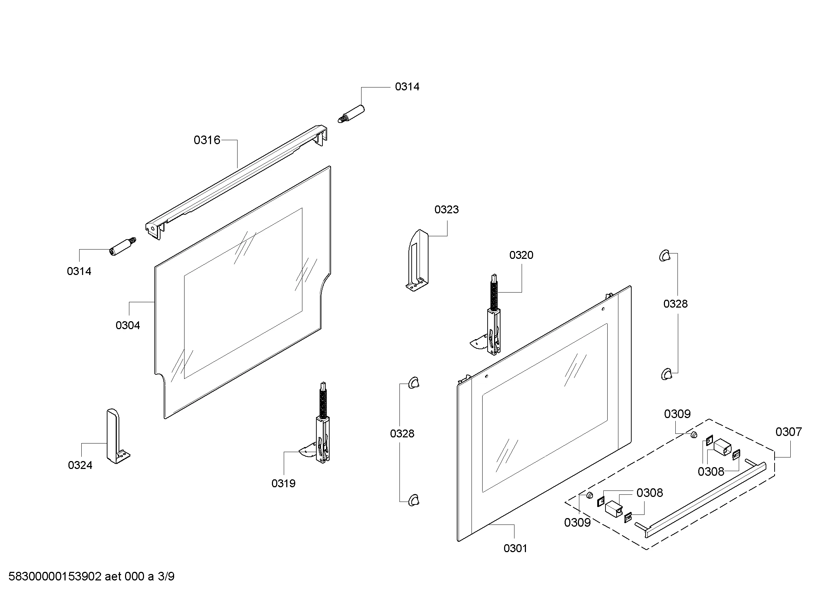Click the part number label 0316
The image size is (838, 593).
tap(207, 140)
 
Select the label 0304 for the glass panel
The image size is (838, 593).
tap(128, 325)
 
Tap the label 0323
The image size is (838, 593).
tap(446, 210)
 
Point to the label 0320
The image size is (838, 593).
tap(521, 255)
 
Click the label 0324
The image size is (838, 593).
tap(80, 465)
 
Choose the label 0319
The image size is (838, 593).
tap(283, 483)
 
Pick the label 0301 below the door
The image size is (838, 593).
tap(515, 549)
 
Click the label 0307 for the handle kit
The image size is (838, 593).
tap(788, 432)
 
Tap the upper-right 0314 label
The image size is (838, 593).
tap(407, 87)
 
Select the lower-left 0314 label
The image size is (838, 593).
tap(79, 271)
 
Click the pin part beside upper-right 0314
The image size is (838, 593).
tap(351, 114)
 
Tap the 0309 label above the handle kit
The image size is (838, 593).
tap(677, 414)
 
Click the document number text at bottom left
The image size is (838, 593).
tap(91, 577)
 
